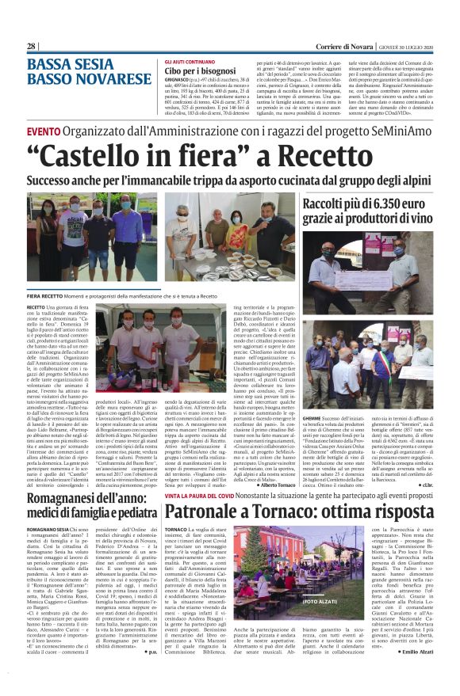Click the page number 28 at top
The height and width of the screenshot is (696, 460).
[x=32, y=47]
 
